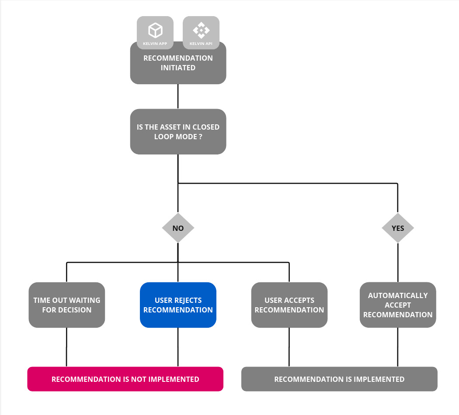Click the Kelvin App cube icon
pos(155,31)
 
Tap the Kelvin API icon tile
pos(201,33)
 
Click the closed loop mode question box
pos(178,131)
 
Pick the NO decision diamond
pos(178,228)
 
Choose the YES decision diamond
pos(398,228)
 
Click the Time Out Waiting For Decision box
pos(67,305)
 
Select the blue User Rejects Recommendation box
pos(178,305)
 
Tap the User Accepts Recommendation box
pos(289,305)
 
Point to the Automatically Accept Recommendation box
pos(398,305)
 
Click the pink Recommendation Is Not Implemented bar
pos(125,379)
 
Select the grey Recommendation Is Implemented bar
pos(339,379)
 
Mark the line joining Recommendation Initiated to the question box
pos(178,96)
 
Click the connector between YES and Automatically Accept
pos(398,262)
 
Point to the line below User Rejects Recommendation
pos(178,347)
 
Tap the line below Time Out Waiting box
pos(66,347)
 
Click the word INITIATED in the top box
pos(178,68)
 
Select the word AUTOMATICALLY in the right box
pos(398,295)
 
